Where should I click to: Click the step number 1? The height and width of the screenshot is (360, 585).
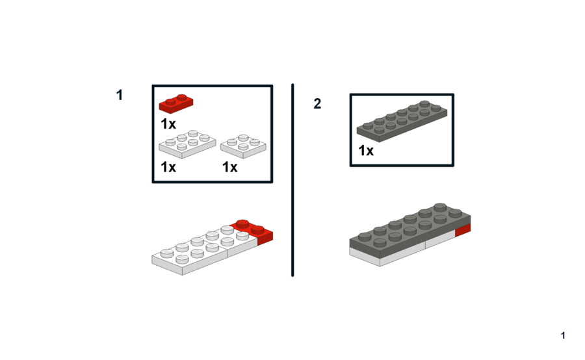tap(120, 95)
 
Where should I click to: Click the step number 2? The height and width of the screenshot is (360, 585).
tap(317, 103)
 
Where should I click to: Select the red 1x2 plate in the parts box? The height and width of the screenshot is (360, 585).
tap(176, 103)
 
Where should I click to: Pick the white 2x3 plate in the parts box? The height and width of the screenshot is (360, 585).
tap(187, 144)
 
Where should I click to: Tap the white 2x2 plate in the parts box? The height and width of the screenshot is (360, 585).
tap(243, 146)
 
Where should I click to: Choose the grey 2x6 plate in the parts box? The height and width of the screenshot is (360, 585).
tap(402, 122)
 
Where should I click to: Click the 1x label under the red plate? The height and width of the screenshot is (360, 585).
tap(168, 124)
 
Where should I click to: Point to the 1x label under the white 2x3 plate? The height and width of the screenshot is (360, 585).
tap(168, 167)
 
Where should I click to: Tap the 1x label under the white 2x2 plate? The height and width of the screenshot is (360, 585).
tap(230, 167)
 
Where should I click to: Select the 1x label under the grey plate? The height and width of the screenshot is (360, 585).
tap(366, 151)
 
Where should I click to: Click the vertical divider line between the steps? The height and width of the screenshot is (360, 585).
tap(292, 180)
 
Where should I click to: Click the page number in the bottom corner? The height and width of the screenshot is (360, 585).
tap(563, 336)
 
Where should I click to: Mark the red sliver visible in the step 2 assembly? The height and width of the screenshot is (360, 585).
tap(463, 230)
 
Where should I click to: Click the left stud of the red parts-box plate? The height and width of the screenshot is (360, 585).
tap(170, 101)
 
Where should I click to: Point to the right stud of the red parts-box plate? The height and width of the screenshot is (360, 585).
tap(182, 97)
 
